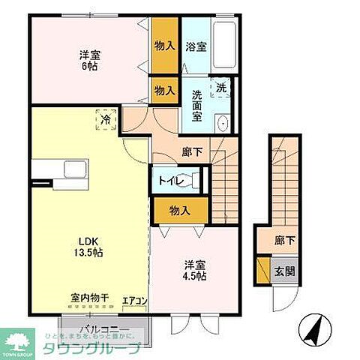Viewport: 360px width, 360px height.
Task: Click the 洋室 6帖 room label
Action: coord(91,60)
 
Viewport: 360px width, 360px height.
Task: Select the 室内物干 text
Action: coord(90,298)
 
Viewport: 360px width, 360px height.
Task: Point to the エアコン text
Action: coord(135,301)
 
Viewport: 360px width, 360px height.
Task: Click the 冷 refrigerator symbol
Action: coord(105,118)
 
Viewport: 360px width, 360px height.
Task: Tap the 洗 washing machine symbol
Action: coord(220,88)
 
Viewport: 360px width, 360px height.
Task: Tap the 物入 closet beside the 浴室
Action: coord(164,45)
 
